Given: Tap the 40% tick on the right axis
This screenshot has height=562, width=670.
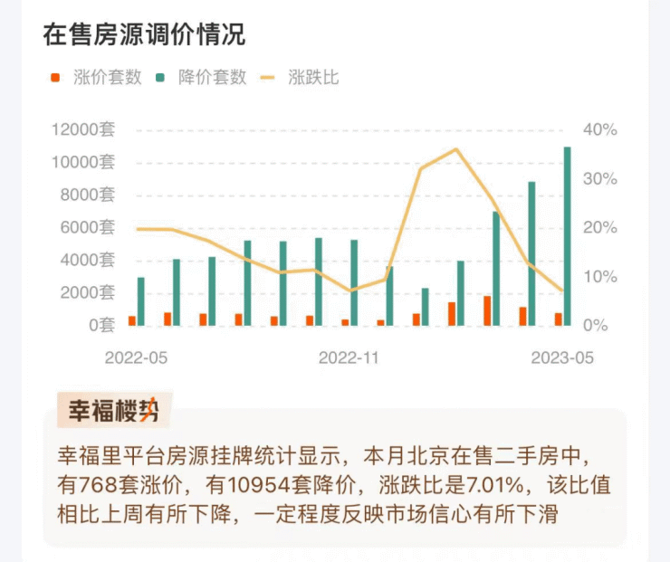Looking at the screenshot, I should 600,130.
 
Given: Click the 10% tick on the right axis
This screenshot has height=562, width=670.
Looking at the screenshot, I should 600,277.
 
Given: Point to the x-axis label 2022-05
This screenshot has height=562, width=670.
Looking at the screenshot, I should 136,357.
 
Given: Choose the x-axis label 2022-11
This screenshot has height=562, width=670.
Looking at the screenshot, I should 349,357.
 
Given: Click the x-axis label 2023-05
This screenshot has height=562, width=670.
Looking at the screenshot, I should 562,357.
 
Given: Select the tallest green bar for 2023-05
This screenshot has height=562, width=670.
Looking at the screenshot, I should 568,235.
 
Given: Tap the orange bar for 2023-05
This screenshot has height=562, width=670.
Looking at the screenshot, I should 559,319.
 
